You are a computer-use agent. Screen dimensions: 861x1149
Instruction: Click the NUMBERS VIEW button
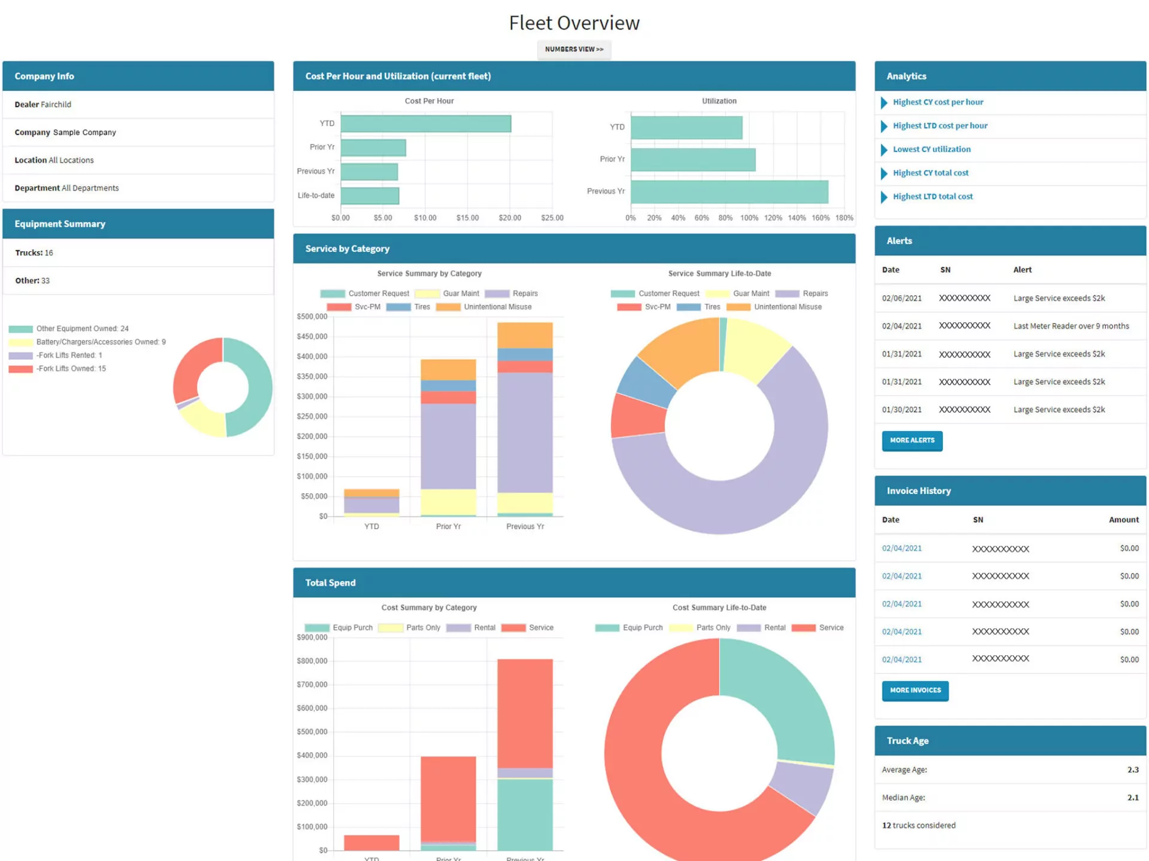click(x=574, y=49)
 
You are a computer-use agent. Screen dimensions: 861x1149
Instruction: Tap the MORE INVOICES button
click(x=914, y=690)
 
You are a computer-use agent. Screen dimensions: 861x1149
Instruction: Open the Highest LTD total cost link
click(x=932, y=196)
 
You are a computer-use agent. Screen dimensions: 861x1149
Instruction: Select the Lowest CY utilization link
click(x=931, y=149)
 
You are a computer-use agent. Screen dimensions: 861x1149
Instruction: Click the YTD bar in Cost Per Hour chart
click(x=425, y=124)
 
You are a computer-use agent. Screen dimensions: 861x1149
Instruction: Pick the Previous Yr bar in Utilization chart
click(x=729, y=192)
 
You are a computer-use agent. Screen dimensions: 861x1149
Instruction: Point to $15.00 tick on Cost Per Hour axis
click(x=467, y=218)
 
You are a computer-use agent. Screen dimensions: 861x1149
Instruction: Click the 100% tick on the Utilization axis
click(x=749, y=218)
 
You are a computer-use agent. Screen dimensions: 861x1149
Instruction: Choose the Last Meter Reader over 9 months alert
click(x=1071, y=326)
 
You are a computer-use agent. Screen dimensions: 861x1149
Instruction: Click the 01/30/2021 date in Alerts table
click(x=901, y=410)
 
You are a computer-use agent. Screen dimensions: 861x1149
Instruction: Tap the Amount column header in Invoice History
click(x=1123, y=520)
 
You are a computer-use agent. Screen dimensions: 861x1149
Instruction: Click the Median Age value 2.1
click(x=1132, y=797)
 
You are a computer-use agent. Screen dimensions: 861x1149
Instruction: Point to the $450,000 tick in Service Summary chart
click(x=312, y=336)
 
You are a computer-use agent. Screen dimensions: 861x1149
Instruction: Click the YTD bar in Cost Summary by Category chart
click(x=371, y=842)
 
